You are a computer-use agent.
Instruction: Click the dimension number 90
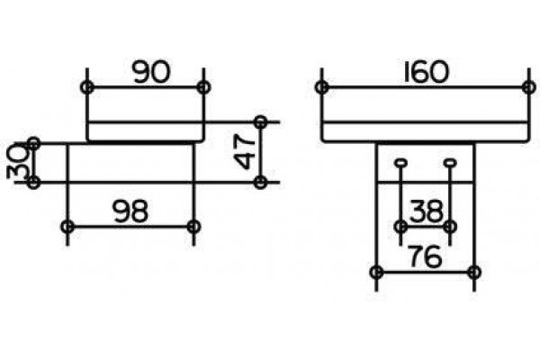[x=151, y=72]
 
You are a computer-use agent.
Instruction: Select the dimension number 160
[x=426, y=72]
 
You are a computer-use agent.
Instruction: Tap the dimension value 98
[x=130, y=211]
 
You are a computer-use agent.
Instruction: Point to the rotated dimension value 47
[x=245, y=151]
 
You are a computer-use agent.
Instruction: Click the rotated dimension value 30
[x=18, y=161]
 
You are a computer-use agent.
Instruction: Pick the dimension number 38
[x=426, y=211]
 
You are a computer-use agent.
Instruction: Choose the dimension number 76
[x=425, y=256]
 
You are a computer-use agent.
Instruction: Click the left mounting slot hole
[x=400, y=163]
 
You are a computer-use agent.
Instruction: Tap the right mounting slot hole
[x=450, y=163]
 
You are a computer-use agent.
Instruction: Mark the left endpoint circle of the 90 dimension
[x=87, y=87]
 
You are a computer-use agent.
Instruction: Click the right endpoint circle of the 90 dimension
[x=204, y=87]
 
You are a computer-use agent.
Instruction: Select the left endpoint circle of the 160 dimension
[x=321, y=87]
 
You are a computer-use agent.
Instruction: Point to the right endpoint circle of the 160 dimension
[x=528, y=87]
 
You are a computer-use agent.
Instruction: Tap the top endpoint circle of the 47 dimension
[x=261, y=121]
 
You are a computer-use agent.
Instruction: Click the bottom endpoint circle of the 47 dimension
[x=261, y=182]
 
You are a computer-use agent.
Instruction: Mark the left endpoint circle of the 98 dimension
[x=67, y=227]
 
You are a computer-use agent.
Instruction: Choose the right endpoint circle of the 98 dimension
[x=193, y=227]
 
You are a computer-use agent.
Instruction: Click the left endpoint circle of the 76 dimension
[x=376, y=272]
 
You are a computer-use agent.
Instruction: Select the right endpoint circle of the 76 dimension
[x=474, y=272]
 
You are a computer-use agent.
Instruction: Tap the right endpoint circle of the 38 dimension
[x=450, y=227]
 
